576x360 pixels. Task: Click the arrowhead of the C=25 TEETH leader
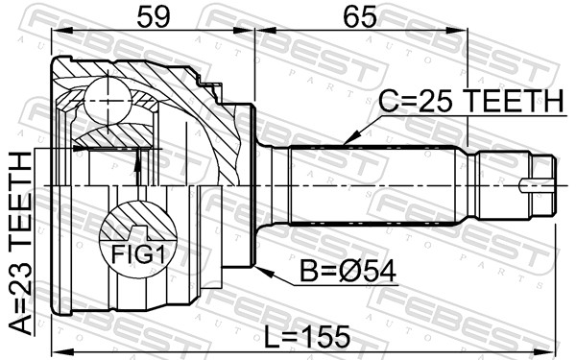coord(347,141)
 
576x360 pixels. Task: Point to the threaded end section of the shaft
coord(509,184)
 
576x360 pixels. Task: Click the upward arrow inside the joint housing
coord(139,167)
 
